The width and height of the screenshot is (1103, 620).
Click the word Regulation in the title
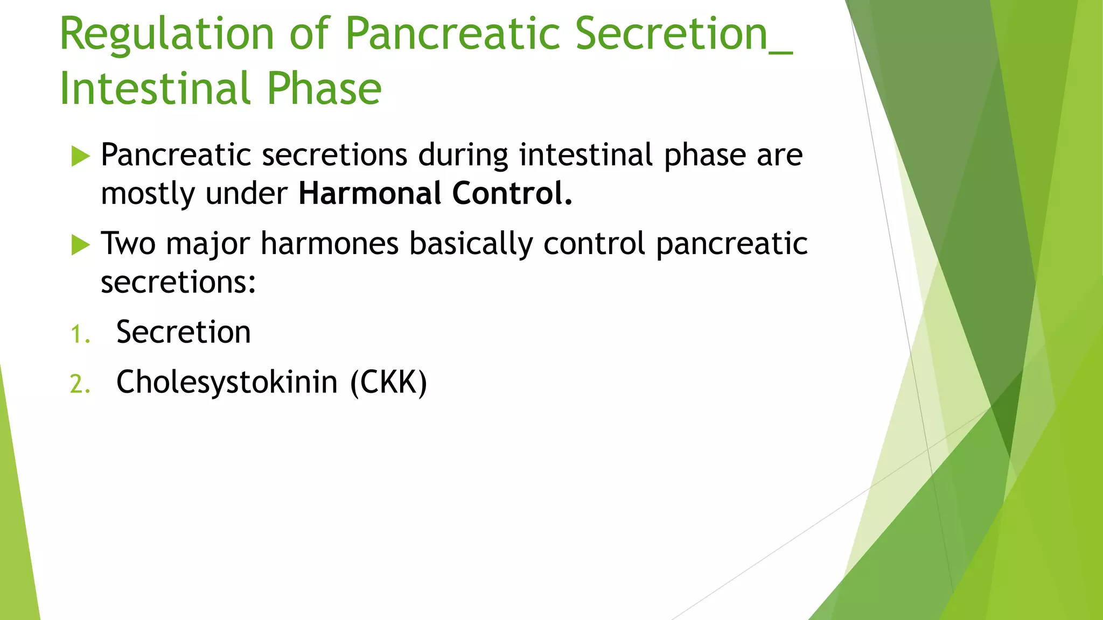click(167, 35)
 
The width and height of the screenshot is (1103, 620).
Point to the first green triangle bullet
click(80, 157)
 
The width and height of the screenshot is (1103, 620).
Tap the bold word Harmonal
click(369, 193)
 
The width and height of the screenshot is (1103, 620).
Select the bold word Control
click(512, 193)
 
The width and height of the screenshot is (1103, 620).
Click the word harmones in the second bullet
click(330, 243)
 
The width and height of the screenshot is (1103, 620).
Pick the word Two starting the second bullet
click(128, 243)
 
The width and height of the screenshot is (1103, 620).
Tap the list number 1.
click(80, 335)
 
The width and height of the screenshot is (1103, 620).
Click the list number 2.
click(80, 385)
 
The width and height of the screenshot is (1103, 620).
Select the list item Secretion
click(184, 332)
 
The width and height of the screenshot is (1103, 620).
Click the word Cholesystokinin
click(227, 383)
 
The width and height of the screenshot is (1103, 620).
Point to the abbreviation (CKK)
click(388, 383)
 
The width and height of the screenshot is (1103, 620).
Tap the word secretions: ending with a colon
click(178, 282)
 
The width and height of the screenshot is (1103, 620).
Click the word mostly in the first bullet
click(147, 194)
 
